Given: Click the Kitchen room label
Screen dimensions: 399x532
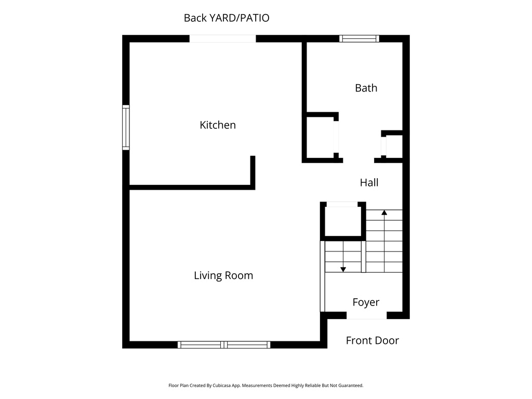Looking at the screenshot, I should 218,125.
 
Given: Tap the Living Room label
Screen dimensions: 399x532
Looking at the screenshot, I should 223,275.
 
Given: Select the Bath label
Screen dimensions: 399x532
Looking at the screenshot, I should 366,88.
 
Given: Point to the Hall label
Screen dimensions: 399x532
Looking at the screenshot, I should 369,182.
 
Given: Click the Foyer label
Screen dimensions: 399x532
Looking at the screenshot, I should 366,302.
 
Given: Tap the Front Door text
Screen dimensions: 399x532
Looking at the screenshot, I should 372,340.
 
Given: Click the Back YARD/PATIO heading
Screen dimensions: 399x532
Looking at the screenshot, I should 227,18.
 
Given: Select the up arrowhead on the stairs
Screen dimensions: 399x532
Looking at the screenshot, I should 384,212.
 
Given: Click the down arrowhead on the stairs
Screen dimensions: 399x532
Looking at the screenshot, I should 343,269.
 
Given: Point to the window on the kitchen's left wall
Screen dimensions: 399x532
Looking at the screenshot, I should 126,127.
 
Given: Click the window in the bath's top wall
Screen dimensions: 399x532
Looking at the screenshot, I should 359,38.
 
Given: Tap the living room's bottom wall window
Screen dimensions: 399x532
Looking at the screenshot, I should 224,344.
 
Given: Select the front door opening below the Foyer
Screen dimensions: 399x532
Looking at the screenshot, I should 366,315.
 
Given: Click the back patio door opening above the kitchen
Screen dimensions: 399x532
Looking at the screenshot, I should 222,38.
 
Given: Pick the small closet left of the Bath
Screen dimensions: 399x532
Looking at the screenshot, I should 320,137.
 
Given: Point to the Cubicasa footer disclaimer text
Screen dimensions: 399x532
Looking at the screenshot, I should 265,385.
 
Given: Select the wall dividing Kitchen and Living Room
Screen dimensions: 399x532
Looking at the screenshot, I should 190,187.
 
